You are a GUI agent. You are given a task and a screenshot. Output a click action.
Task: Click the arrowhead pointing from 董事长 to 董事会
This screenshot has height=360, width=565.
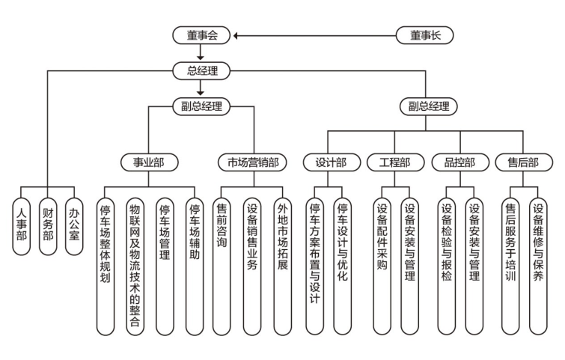[237, 35]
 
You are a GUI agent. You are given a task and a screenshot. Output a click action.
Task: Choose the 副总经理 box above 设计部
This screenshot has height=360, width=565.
[429, 106]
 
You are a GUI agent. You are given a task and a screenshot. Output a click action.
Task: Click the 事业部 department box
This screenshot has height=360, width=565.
[149, 162]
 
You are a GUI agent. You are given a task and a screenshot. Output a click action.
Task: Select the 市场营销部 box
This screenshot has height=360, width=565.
[253, 162]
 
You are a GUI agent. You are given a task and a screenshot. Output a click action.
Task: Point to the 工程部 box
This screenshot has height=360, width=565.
[394, 162]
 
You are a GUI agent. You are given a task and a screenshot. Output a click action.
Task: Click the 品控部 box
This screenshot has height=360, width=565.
[459, 162]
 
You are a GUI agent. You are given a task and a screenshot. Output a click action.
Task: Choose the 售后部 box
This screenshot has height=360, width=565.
[524, 162]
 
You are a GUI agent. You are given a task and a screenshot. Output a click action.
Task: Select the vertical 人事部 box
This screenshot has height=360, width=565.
[22, 224]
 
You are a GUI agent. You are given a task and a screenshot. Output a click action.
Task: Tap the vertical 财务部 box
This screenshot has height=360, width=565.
[48, 224]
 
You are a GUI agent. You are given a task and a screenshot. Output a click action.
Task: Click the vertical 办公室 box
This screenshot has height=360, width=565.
[73, 224]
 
